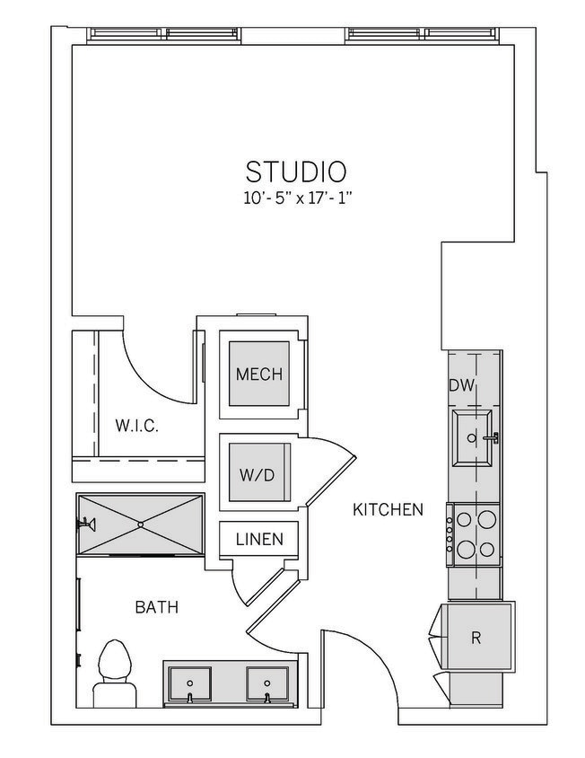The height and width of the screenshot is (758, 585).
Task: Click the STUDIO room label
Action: (x=296, y=171)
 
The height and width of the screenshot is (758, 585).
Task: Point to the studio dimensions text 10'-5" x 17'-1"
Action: (x=296, y=198)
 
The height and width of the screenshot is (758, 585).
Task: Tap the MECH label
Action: (x=258, y=375)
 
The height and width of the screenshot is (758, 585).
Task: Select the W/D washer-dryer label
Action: (x=257, y=475)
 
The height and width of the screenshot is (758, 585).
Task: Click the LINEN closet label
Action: (x=259, y=540)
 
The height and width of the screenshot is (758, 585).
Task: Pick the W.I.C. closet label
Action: (x=136, y=427)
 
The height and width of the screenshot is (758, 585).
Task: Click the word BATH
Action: (x=156, y=608)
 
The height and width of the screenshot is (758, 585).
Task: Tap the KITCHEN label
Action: (x=388, y=510)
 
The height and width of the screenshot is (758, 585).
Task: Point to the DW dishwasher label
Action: (x=461, y=386)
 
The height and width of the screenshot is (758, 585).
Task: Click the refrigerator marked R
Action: (x=476, y=639)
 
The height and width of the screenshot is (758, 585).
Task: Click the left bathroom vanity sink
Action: (x=189, y=686)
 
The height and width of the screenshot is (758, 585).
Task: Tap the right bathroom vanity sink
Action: (x=266, y=686)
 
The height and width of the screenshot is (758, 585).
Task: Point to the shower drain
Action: (x=140, y=524)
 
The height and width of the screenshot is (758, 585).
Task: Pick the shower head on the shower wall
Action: (x=87, y=524)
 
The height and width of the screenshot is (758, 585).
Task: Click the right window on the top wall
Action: (x=421, y=35)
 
